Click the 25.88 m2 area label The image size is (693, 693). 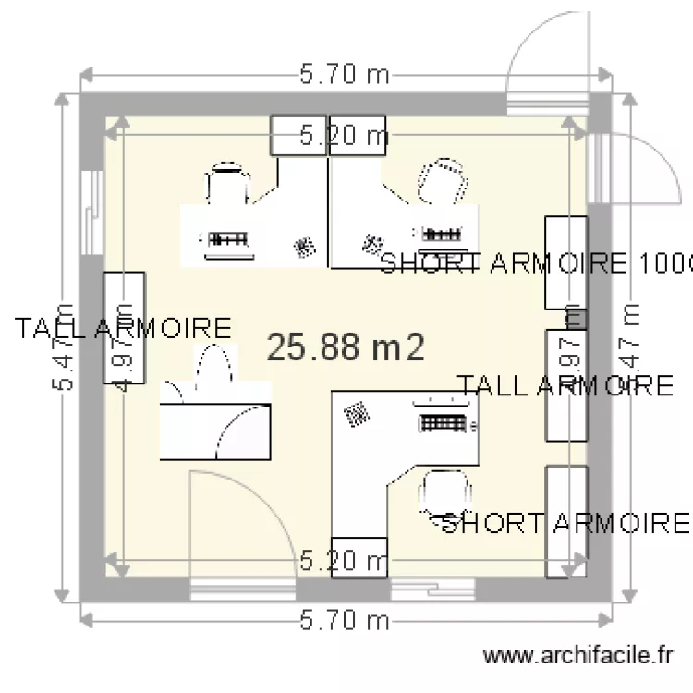(346, 348)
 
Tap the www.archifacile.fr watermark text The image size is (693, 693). (578, 656)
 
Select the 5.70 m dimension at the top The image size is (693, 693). (345, 75)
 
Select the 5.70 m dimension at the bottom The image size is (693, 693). (345, 619)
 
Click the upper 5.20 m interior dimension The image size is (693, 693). (345, 138)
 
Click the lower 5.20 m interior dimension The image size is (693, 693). (345, 561)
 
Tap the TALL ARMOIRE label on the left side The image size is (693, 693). (122, 328)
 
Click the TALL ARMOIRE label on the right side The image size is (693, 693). (565, 385)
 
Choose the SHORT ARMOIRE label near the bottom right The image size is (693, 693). (565, 524)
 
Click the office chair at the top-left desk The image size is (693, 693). (227, 183)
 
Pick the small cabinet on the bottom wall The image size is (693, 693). (359, 557)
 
